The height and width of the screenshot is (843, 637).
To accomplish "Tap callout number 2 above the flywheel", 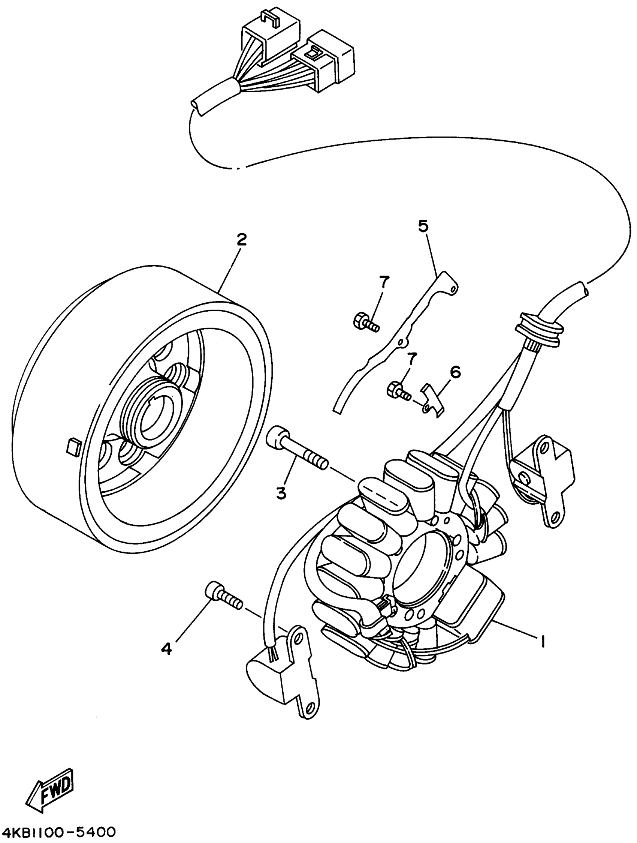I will [242, 240].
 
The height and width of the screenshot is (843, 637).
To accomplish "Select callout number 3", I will [281, 493].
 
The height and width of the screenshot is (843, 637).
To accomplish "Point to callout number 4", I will [166, 648].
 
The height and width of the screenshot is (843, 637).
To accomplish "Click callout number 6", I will [455, 372].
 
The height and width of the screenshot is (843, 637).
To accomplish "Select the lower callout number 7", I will [412, 358].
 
